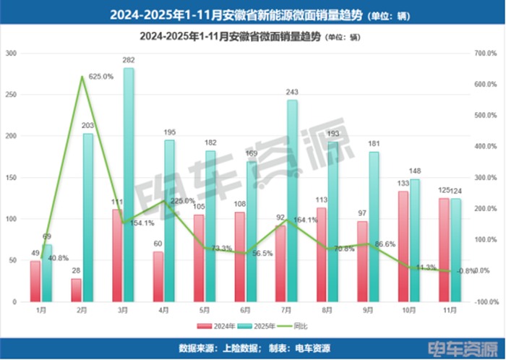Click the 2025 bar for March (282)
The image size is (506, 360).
coord(129,184)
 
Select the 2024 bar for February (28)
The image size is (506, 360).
coord(76,290)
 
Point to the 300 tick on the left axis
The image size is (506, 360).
coord(12,53)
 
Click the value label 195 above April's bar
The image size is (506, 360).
coord(169,132)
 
